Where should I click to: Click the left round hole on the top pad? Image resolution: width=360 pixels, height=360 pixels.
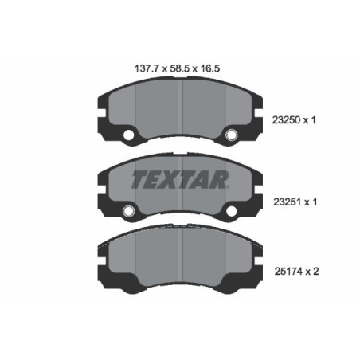tap(127, 135)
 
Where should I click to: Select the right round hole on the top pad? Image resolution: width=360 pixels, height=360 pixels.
tap(233, 135)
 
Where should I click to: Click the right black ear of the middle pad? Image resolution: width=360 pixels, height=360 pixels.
tap(256, 187)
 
